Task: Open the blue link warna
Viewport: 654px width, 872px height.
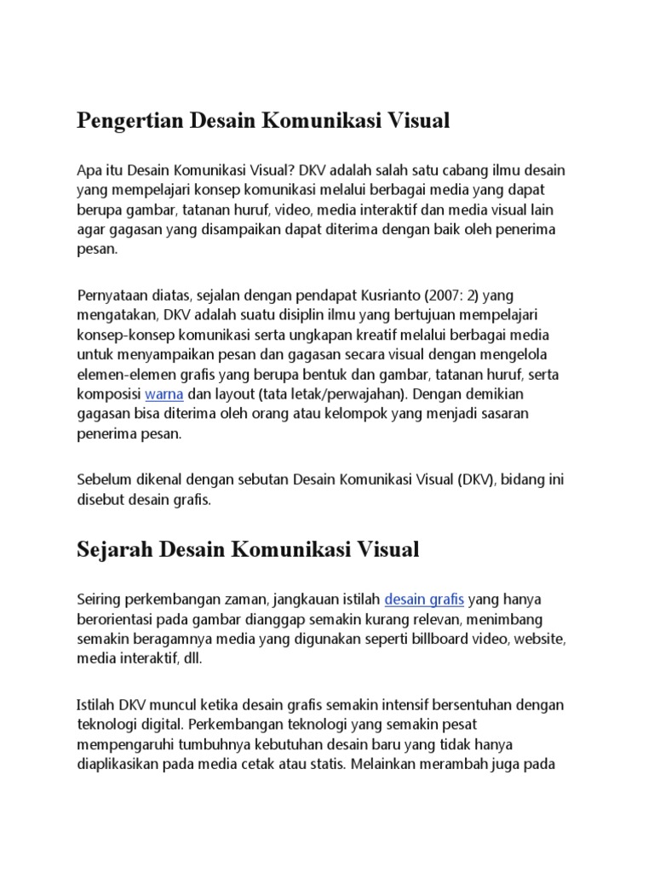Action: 164,394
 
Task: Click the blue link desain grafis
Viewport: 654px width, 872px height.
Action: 424,599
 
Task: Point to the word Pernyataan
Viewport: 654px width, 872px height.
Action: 112,295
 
